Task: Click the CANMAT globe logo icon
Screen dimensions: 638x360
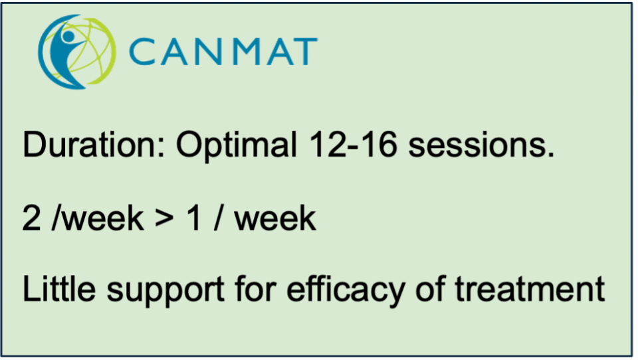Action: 77,52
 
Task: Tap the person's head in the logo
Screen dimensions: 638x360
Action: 68,36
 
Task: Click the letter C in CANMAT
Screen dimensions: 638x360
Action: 142,52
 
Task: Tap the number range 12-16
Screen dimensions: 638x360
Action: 353,144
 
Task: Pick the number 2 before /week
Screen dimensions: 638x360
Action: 32,218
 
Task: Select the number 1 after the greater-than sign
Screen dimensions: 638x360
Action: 193,218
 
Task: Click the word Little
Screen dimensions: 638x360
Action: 59,288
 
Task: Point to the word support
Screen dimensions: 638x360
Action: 165,291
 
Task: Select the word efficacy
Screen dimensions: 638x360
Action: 346,290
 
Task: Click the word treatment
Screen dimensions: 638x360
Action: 530,289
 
